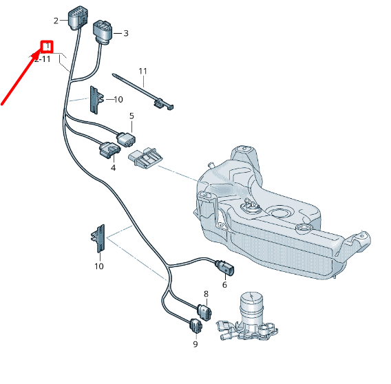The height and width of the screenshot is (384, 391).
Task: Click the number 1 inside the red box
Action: [47, 47]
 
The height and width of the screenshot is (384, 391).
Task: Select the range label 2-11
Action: [43, 60]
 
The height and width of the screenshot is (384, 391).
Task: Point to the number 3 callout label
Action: [126, 33]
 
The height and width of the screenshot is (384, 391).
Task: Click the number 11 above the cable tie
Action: [143, 71]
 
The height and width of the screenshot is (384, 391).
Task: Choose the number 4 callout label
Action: [112, 167]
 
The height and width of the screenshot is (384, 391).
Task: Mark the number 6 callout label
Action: [224, 285]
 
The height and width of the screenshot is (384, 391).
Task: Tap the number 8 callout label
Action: [205, 294]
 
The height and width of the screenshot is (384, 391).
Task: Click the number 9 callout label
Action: [195, 344]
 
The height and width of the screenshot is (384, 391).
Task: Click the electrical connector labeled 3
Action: [103, 32]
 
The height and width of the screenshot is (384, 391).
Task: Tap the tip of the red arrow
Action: [40, 52]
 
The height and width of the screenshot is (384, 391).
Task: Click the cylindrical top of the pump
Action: [252, 303]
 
